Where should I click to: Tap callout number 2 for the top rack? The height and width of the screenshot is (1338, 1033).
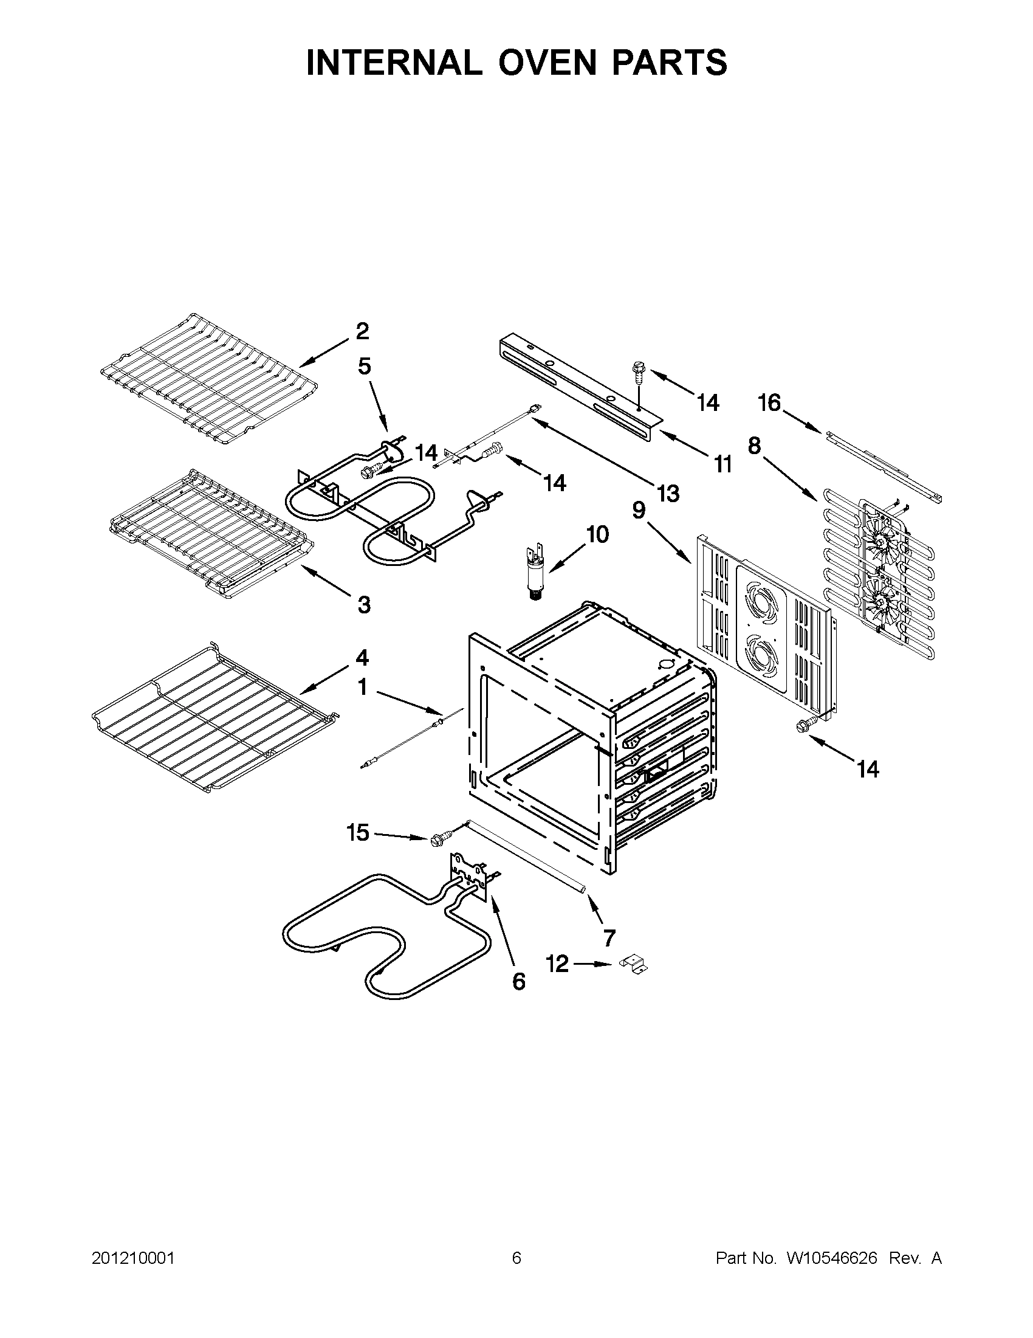click(x=363, y=331)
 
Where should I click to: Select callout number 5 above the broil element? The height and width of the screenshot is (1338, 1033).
click(x=365, y=367)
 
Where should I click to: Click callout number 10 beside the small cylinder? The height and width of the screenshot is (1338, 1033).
click(x=598, y=534)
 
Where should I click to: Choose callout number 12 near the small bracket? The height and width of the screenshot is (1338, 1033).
click(x=557, y=964)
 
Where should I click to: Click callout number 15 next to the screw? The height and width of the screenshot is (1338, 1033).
click(x=359, y=833)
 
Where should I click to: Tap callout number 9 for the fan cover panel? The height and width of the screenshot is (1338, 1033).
click(x=639, y=509)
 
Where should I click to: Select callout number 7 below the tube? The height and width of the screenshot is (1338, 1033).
click(x=609, y=938)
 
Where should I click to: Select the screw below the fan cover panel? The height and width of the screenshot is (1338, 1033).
click(x=802, y=725)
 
